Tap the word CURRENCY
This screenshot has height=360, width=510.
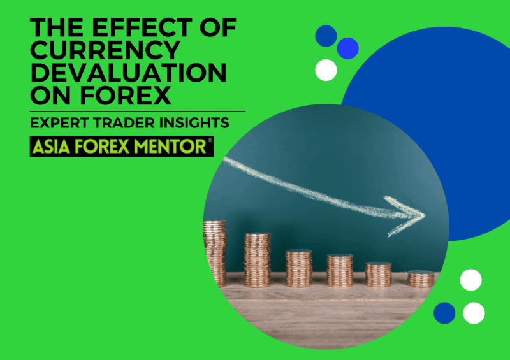tap(105, 50)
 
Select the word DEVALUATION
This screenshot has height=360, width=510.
tap(128, 73)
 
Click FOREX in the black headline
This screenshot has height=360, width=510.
tap(126, 95)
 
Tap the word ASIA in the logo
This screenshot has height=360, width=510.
tap(51, 147)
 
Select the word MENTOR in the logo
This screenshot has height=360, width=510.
tap(170, 147)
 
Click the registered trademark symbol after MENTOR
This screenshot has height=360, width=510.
tap(210, 140)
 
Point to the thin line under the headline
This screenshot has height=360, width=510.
tap(138, 112)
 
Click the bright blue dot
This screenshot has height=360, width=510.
tap(347, 48)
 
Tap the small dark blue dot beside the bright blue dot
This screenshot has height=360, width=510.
tap(326, 36)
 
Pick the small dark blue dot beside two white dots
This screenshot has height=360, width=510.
tap(444, 313)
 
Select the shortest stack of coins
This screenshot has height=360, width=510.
tap(421, 278)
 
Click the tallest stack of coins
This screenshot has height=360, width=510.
tap(215, 254)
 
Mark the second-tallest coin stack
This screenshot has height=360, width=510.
tap(258, 260)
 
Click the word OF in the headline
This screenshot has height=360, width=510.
tap(218, 27)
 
